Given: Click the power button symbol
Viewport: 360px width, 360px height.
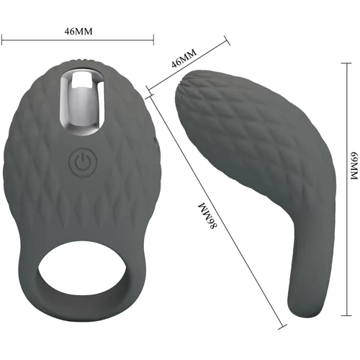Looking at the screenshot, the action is click(83, 162).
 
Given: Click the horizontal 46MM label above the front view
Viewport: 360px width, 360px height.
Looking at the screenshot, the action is click(78, 32).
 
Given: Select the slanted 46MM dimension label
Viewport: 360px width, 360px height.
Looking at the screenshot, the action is click(184, 58).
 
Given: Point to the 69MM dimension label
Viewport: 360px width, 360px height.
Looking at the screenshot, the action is click(354, 166).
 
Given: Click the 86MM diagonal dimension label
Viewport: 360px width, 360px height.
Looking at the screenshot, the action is click(207, 215).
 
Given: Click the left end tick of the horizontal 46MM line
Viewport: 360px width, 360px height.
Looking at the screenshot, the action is click(2, 40).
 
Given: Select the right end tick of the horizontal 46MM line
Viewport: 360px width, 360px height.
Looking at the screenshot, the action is click(153, 40).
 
